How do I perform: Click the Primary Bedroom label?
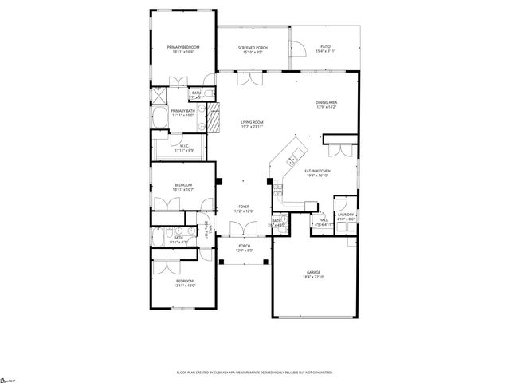[183, 48]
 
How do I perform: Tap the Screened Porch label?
[253, 48]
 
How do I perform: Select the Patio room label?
[325, 47]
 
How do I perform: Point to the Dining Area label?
[327, 102]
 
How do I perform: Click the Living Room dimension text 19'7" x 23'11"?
[253, 127]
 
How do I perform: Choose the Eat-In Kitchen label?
[318, 171]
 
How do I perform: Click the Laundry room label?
[345, 214]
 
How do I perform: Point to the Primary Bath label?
[182, 111]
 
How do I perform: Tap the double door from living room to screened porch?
[253, 77]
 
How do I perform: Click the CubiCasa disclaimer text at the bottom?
[255, 373]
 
